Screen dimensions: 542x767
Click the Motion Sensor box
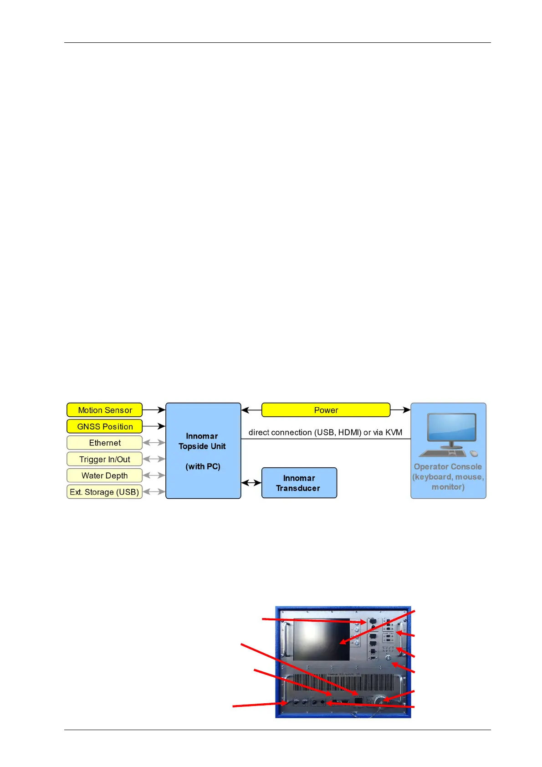coord(104,410)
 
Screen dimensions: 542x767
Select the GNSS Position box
coord(104,426)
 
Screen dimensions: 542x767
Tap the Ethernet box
coord(104,443)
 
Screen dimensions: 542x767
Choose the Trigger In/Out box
coord(104,459)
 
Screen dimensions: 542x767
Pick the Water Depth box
coord(104,476)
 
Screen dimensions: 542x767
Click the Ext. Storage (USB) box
coord(104,492)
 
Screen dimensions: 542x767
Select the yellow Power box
coord(326,410)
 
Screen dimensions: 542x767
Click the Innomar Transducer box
coord(299,483)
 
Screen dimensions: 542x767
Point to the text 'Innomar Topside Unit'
coord(202,441)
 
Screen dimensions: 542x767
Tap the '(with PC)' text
coord(203,466)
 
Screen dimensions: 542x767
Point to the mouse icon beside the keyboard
coord(474,454)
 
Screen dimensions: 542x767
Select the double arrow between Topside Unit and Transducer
coord(251,483)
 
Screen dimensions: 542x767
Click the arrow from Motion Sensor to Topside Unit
coord(154,410)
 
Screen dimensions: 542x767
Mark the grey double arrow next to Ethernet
coord(154,443)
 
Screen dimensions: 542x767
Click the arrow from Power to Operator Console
coord(400,410)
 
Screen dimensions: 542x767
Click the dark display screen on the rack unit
coord(321,639)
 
